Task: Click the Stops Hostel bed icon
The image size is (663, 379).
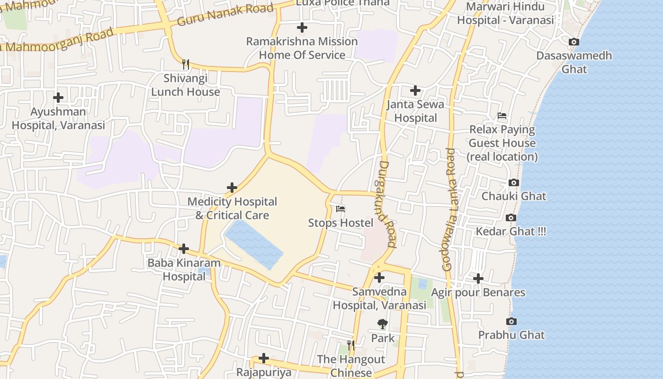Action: pos(340,209)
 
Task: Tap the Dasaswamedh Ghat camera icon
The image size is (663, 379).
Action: pos(573,42)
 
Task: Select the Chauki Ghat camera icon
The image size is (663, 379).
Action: pos(513,183)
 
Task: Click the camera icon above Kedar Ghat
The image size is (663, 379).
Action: pos(511,218)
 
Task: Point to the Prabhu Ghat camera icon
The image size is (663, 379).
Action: pos(511,322)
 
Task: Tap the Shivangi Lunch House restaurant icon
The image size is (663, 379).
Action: pos(186,64)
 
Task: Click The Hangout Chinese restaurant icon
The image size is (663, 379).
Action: pos(350,345)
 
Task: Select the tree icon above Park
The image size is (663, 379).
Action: pos(382,325)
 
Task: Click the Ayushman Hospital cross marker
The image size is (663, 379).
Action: pos(58,98)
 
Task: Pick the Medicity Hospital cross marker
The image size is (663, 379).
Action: pos(232,188)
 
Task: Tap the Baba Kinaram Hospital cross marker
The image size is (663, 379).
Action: pos(184,248)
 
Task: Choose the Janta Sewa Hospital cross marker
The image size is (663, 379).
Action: pos(415,90)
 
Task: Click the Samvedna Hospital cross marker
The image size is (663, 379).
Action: pos(379,277)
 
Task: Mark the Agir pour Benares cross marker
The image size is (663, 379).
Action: pos(478,279)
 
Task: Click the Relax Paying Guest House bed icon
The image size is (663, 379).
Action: pos(502,116)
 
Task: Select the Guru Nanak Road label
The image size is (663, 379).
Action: pos(225,14)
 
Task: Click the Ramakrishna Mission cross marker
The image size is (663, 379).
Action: pos(302,27)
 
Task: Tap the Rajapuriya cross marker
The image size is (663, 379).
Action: pos(264,358)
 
